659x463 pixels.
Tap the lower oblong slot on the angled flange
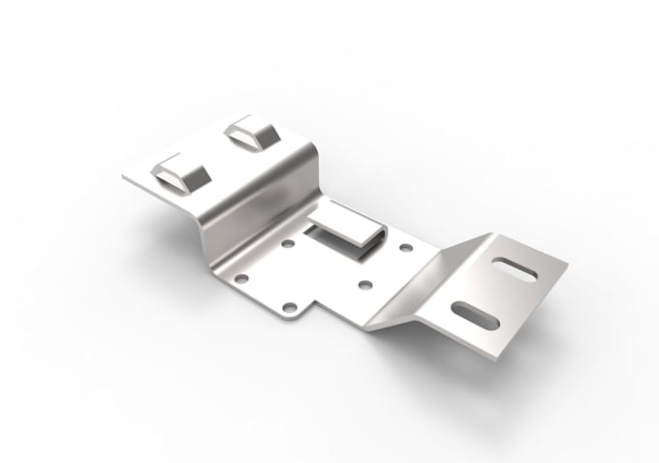click(475, 314)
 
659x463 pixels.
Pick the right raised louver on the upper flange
click(252, 133)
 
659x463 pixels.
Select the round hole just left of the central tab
click(287, 245)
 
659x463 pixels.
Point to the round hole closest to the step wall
click(242, 279)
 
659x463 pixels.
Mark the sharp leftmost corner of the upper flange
click(123, 177)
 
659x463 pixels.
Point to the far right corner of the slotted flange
click(568, 263)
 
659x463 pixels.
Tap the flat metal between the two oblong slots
click(496, 291)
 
